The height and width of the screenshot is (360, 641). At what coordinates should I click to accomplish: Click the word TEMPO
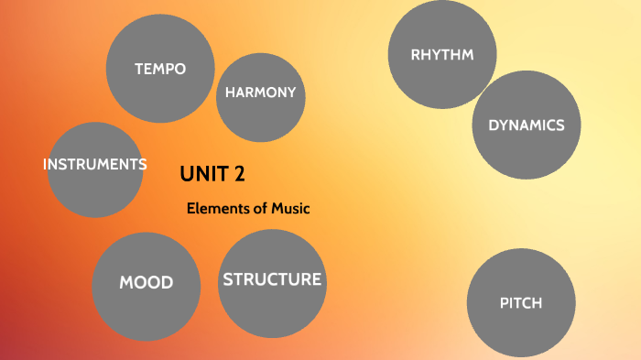pos(160,69)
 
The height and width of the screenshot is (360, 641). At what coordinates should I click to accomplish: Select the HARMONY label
pos(261,93)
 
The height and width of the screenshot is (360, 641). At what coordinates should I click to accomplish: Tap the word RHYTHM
pos(442,55)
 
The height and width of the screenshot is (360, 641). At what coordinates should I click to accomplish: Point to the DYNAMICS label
pos(527,125)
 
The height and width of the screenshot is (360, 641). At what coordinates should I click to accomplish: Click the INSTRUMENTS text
pos(95,165)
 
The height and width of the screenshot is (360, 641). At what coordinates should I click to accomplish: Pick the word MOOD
pos(147,282)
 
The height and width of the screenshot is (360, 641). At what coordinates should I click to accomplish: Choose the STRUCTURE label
pos(272,279)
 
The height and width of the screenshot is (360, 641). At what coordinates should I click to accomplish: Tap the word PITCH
pos(521,303)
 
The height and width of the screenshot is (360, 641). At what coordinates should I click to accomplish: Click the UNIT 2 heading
pos(212,173)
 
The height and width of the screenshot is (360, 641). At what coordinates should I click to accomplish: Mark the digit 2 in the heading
pos(239,173)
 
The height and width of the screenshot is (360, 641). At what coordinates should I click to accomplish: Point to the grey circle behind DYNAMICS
pos(527,151)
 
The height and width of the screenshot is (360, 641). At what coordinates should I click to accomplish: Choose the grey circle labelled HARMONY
pos(261,119)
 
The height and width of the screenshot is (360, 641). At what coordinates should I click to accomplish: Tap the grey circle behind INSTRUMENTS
pos(95,192)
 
